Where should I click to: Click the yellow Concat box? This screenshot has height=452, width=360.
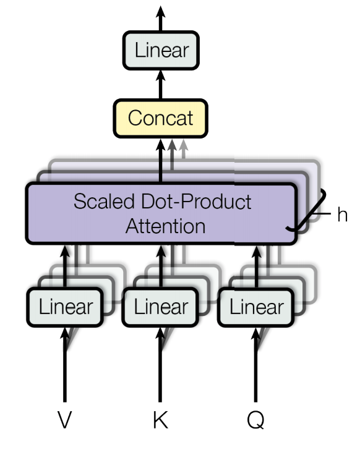(161, 118)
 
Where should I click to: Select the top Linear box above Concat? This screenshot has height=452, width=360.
(161, 50)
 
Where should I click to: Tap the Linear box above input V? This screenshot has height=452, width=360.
(65, 307)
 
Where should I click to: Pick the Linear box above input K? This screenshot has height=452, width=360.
(160, 307)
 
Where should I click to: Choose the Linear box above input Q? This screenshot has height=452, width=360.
(256, 307)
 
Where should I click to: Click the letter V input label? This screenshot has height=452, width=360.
(64, 420)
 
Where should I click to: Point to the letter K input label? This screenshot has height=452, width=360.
(160, 420)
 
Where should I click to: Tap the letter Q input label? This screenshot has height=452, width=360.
(255, 420)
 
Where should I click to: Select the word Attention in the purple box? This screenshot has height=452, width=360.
(166, 226)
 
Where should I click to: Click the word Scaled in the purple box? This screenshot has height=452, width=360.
(104, 201)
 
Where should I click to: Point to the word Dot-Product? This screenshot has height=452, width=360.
(196, 201)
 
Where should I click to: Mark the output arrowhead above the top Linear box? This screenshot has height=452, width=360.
(161, 13)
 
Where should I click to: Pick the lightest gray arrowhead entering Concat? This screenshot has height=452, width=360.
(184, 145)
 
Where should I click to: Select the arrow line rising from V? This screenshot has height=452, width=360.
(65, 365)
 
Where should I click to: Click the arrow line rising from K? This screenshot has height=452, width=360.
(160, 365)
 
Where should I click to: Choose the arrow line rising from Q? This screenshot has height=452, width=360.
(255, 365)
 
